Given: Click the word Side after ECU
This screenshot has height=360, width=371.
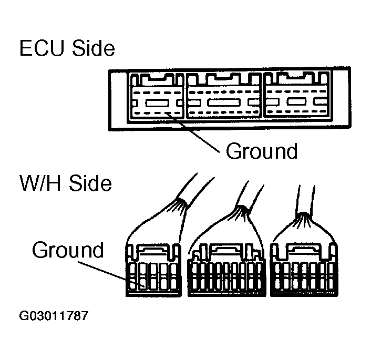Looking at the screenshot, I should click(x=92, y=49).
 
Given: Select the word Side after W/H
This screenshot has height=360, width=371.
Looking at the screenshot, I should click(x=90, y=184).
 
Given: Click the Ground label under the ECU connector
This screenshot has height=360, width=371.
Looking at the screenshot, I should click(x=261, y=151).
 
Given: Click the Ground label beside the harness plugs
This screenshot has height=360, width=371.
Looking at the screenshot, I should click(x=68, y=250).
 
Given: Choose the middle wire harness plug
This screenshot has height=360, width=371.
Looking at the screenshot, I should click(x=226, y=271).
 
